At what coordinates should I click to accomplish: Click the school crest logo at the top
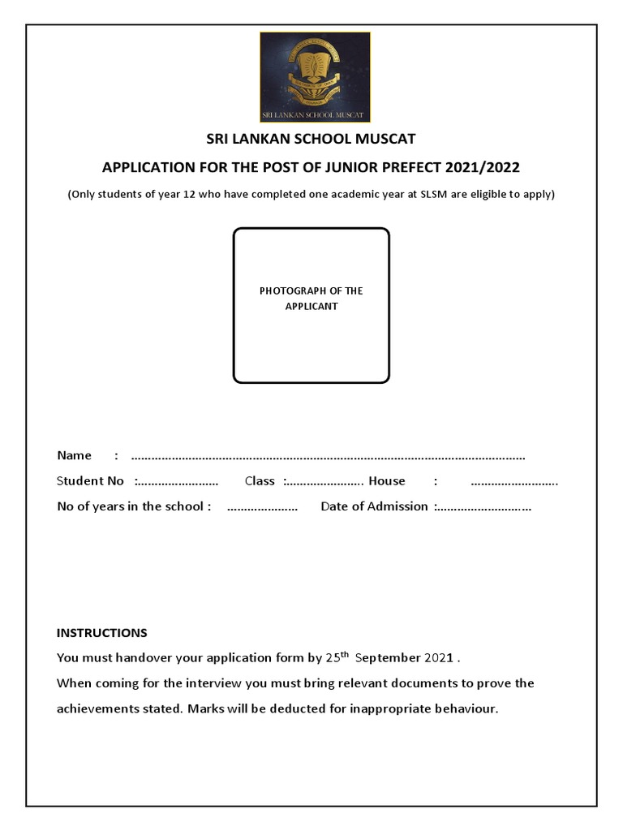pyautogui.click(x=315, y=77)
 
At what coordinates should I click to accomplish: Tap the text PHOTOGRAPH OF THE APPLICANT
pyautogui.click(x=311, y=299)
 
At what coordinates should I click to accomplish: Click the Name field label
pyautogui.click(x=74, y=455)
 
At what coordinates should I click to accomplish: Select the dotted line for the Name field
pyautogui.click(x=328, y=456)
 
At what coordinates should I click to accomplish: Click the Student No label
pyautogui.click(x=90, y=481)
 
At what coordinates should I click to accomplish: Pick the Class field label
pyautogui.click(x=260, y=481)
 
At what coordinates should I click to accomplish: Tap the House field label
pyautogui.click(x=387, y=481)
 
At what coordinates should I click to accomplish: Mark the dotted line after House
pyautogui.click(x=514, y=482)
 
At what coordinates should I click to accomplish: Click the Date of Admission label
pyautogui.click(x=374, y=506)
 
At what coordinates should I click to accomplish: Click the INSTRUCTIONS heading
pyautogui.click(x=101, y=633)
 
